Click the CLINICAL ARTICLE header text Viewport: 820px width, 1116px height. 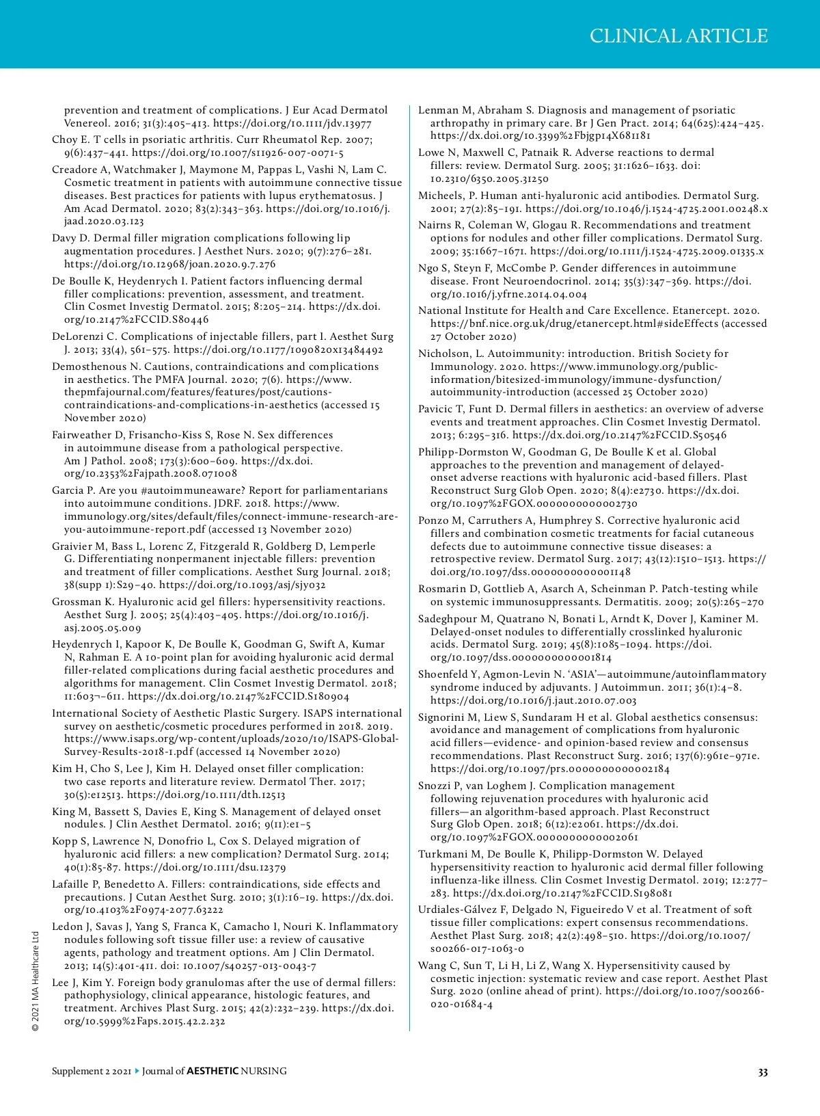tap(679, 36)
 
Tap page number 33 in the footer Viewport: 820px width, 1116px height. tap(763, 1072)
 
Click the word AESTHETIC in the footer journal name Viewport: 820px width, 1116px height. tap(213, 1071)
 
